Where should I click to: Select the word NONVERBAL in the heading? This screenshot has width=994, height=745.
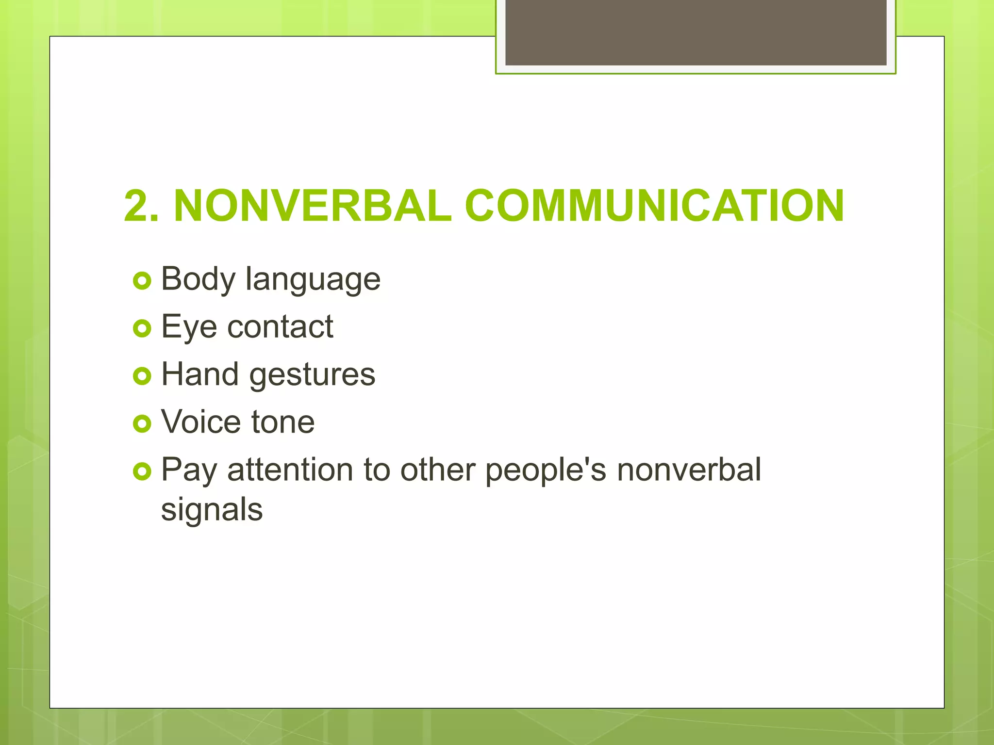click(x=313, y=206)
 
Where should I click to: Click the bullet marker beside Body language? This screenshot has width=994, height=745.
click(x=142, y=281)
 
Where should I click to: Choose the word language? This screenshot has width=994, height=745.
click(x=313, y=281)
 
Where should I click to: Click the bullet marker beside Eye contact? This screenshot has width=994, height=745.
click(x=142, y=328)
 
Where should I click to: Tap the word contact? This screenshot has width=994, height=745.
click(x=280, y=326)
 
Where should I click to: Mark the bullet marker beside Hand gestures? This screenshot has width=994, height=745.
click(x=142, y=376)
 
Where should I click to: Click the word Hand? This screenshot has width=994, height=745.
click(x=200, y=374)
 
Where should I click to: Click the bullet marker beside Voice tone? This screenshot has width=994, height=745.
click(x=142, y=423)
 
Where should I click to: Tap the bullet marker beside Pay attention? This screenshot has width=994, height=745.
click(x=142, y=471)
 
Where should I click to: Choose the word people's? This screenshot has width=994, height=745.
click(x=546, y=470)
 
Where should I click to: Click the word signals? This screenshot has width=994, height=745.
click(x=212, y=510)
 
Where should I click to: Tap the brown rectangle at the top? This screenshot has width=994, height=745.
click(x=696, y=32)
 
